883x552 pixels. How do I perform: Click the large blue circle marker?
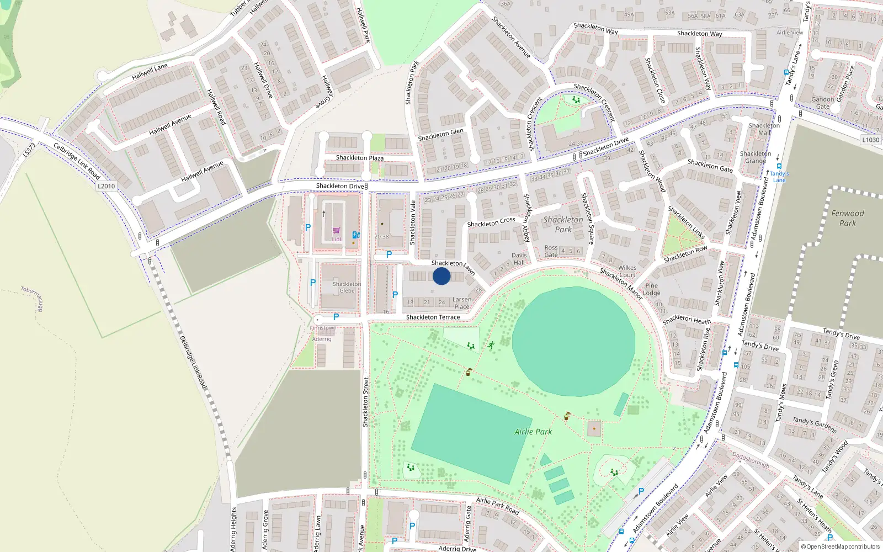(441, 276)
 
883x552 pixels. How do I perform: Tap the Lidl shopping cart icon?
(336, 231)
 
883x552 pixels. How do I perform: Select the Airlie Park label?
(533, 432)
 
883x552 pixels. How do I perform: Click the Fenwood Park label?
(848, 218)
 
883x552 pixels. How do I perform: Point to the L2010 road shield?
(107, 186)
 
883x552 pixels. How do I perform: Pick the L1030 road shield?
(871, 140)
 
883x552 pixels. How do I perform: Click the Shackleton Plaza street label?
(360, 158)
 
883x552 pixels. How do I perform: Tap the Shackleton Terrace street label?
(433, 317)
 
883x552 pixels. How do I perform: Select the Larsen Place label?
(462, 303)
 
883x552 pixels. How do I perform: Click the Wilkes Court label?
(627, 271)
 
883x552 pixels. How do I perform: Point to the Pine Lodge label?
(651, 289)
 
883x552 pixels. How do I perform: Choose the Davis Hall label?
(519, 259)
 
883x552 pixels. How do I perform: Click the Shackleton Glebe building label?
(347, 287)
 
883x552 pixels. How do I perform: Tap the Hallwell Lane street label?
(150, 71)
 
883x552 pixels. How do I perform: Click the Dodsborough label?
(751, 460)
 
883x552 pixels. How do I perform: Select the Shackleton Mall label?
(764, 129)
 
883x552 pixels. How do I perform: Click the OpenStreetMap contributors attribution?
(841, 547)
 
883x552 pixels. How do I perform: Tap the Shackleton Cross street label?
(491, 222)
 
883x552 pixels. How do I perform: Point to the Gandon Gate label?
(823, 103)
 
